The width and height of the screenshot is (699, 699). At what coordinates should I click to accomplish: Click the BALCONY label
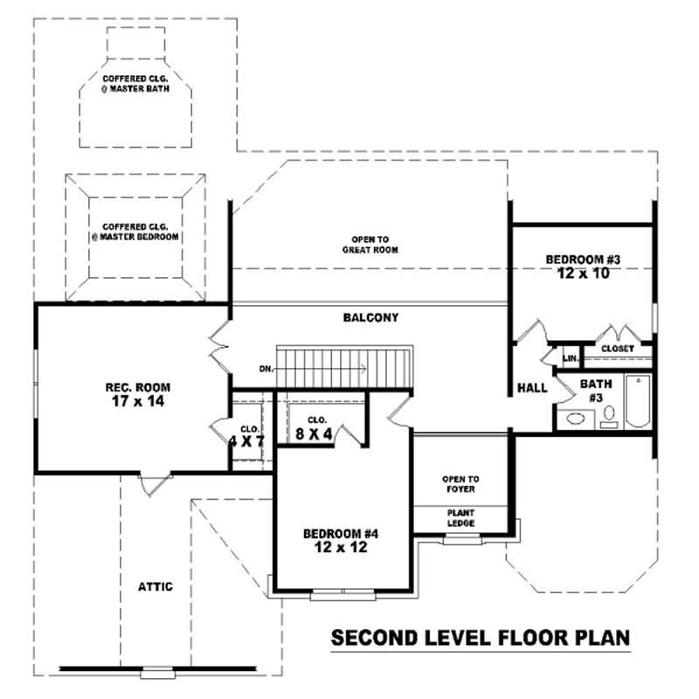tap(370, 318)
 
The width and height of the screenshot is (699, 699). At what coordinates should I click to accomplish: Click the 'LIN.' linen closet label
tap(570, 358)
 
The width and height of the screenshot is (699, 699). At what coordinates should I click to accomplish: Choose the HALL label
tap(532, 388)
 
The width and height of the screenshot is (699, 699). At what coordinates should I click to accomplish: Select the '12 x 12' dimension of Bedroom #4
tap(340, 549)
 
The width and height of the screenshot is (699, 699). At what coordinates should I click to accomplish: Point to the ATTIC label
tap(155, 586)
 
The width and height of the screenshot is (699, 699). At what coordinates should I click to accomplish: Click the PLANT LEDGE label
tap(460, 518)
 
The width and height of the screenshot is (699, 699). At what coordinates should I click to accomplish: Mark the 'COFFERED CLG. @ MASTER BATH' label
tap(135, 84)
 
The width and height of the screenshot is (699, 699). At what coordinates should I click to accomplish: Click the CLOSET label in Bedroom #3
tap(618, 349)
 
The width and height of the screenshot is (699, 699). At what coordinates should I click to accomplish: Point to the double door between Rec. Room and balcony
tap(218, 349)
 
